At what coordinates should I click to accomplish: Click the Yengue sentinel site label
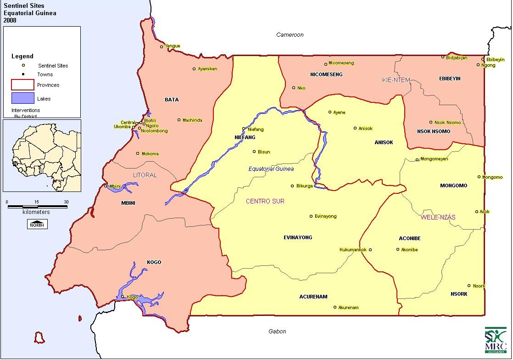pyautogui.click(x=173, y=46)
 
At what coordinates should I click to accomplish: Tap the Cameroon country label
pyautogui.click(x=290, y=35)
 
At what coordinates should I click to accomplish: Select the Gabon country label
pyautogui.click(x=277, y=332)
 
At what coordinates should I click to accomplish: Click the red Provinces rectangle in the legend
pyautogui.click(x=23, y=85)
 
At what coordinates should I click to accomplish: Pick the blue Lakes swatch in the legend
pyautogui.click(x=23, y=98)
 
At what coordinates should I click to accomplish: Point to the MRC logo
pyautogui.click(x=496, y=340)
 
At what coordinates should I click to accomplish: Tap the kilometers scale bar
pyautogui.click(x=37, y=207)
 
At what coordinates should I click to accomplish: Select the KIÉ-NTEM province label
pyautogui.click(x=396, y=80)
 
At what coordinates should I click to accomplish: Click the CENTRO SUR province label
pyautogui.click(x=265, y=201)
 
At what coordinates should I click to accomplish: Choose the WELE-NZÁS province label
pyautogui.click(x=438, y=217)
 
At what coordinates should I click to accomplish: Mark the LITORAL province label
pyautogui.click(x=145, y=175)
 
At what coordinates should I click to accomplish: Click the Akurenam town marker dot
pyautogui.click(x=335, y=307)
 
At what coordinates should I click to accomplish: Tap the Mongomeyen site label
pyautogui.click(x=434, y=159)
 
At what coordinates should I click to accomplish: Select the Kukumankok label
pyautogui.click(x=353, y=250)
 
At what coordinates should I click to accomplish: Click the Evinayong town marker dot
pyautogui.click(x=311, y=216)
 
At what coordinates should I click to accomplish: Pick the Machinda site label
pyautogui.click(x=192, y=120)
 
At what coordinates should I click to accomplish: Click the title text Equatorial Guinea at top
pyautogui.click(x=30, y=13)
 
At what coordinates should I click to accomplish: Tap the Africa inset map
pyautogui.click(x=42, y=155)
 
